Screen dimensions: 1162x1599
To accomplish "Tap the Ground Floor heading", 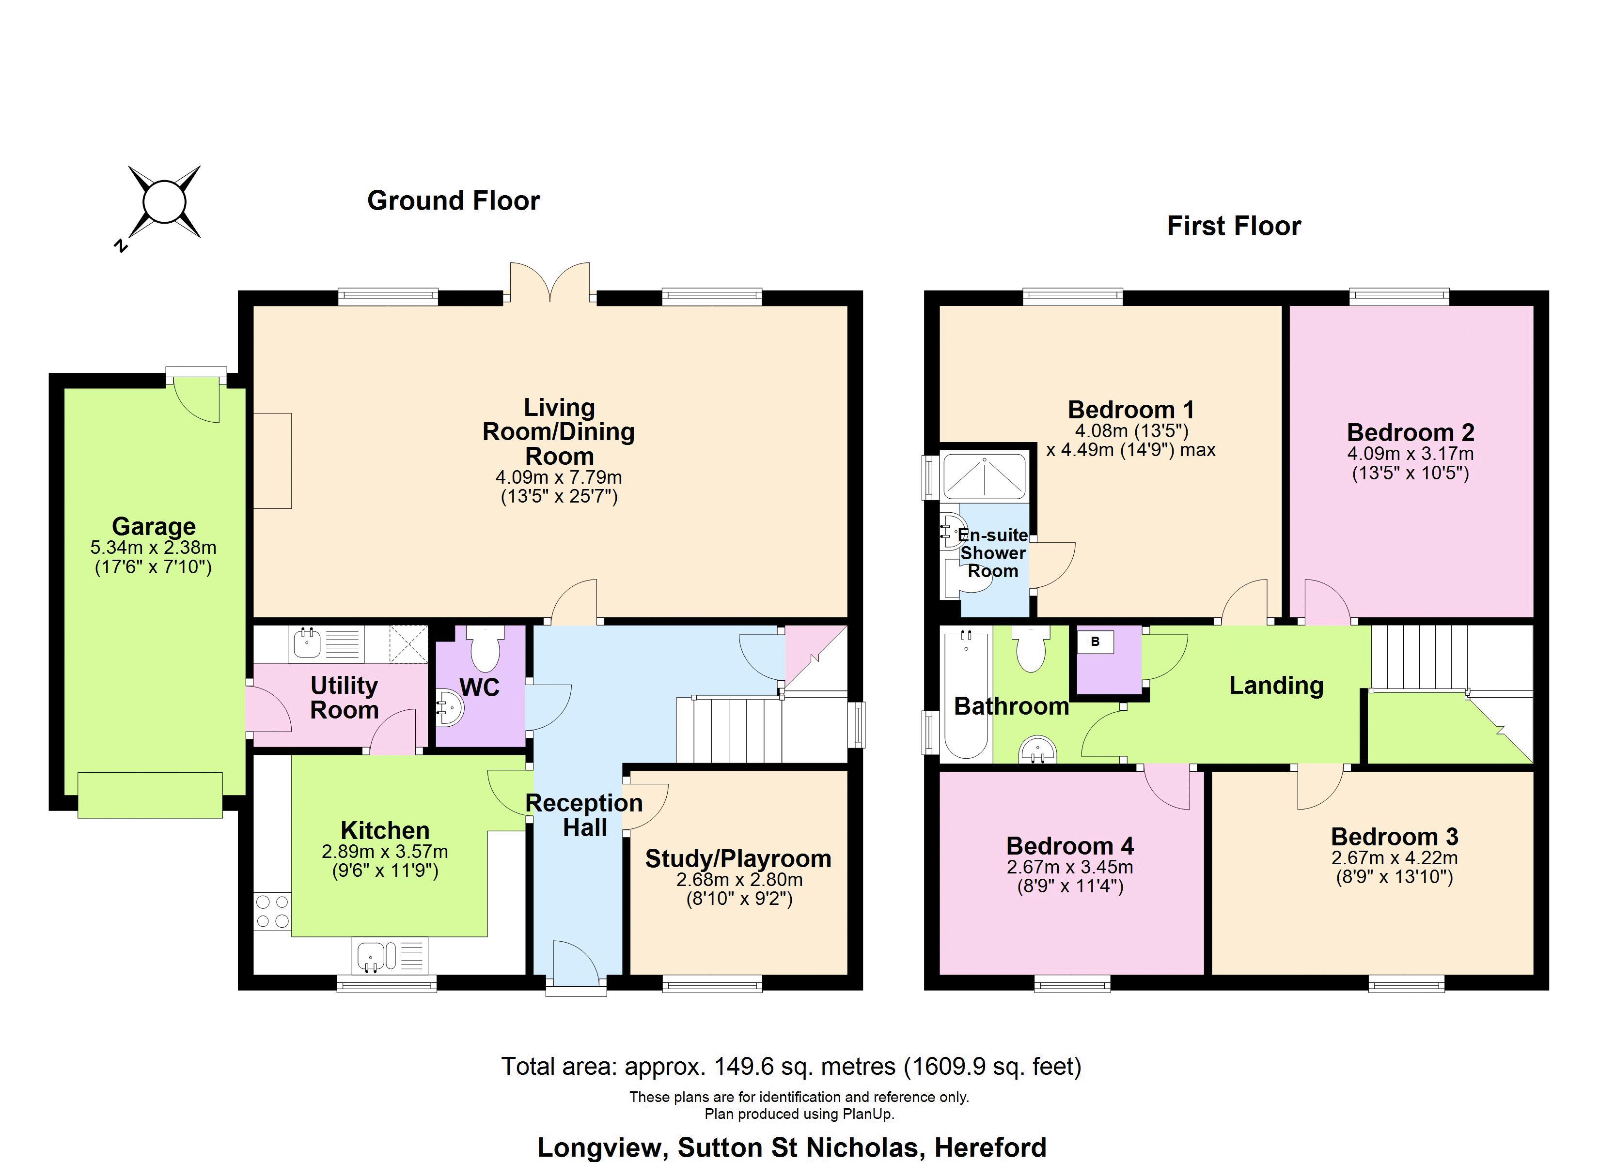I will click(x=454, y=201).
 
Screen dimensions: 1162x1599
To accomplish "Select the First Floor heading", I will click(x=1234, y=226).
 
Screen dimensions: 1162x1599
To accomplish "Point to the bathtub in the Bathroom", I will click(x=966, y=694).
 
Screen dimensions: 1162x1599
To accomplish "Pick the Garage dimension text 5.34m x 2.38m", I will click(x=153, y=548).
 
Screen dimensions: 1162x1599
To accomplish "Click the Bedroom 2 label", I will click(x=1410, y=432).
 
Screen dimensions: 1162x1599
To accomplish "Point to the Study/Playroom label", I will click(x=738, y=858).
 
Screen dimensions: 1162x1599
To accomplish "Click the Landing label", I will click(x=1276, y=685).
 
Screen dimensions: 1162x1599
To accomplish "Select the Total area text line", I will click(x=791, y=1066).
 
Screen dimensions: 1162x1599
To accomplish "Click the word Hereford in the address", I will click(x=990, y=1147).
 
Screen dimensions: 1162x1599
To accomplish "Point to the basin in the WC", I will click(x=449, y=707).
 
